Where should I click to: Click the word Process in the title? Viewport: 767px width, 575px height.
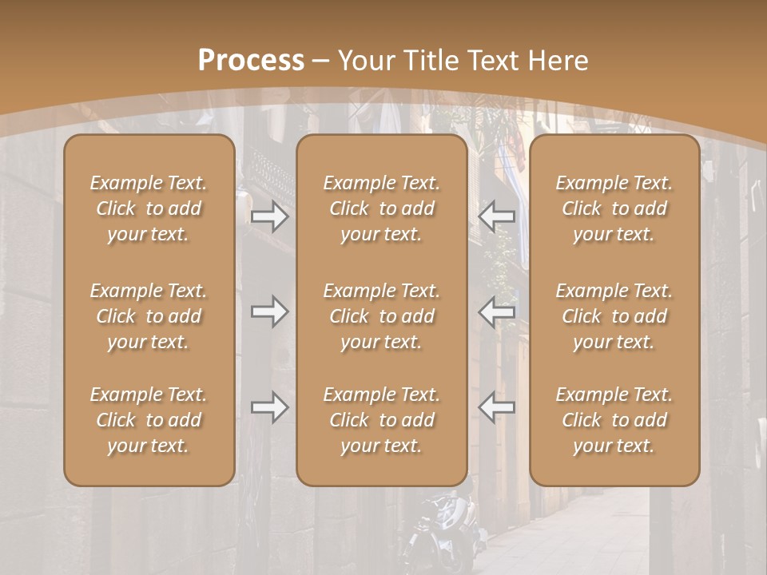tap(251, 61)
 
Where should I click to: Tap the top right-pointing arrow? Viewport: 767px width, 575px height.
tap(269, 216)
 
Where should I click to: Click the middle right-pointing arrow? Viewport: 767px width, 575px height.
tap(269, 311)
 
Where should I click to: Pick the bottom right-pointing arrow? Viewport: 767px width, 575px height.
tap(269, 407)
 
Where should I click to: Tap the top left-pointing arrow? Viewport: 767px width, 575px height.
tap(496, 216)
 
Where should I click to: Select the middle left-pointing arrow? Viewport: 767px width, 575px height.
tap(496, 311)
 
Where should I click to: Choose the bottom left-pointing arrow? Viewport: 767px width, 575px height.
tap(496, 407)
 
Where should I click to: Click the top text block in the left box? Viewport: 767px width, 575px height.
tap(149, 208)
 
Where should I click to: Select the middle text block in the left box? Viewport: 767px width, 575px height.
tap(149, 316)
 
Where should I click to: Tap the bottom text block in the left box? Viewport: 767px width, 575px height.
tap(149, 420)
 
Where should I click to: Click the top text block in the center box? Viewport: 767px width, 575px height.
tap(382, 208)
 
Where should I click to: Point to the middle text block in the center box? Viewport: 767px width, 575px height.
tap(382, 316)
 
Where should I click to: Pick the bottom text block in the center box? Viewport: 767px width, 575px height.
tap(382, 420)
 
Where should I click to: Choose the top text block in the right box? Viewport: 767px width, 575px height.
tap(614, 208)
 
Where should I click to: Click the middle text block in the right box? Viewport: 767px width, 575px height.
tap(614, 316)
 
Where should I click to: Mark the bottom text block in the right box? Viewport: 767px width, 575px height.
tap(614, 420)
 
